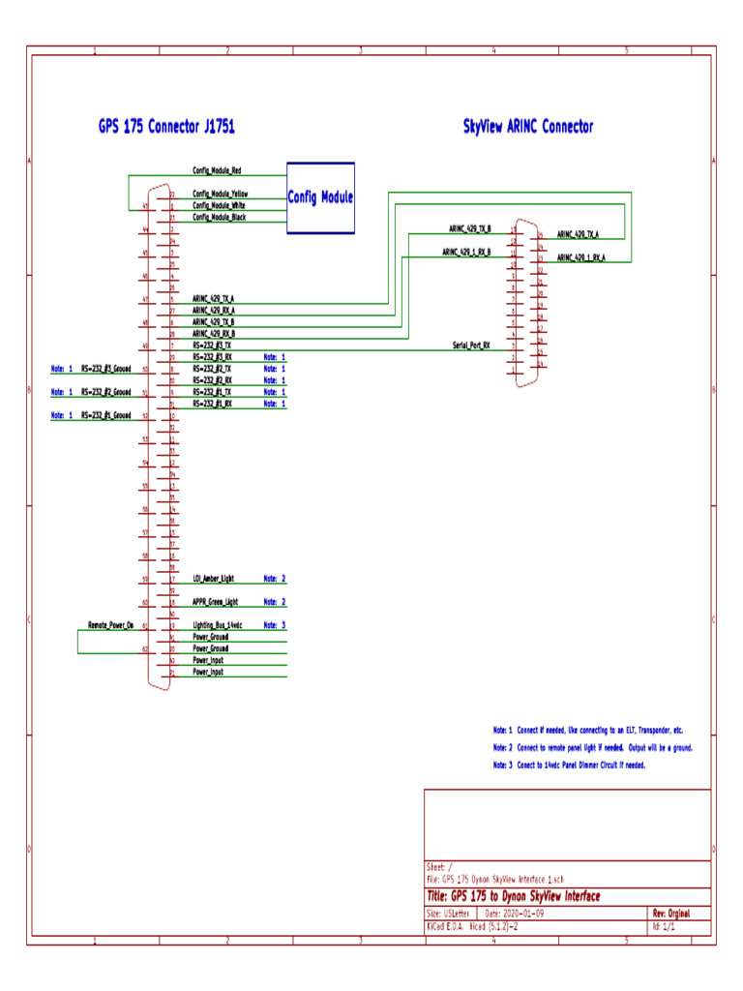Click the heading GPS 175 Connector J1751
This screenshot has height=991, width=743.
166,127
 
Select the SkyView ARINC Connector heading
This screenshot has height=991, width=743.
527,127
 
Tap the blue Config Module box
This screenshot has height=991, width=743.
320,198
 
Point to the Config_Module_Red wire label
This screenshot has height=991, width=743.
217,170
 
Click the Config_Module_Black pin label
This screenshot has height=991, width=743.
219,218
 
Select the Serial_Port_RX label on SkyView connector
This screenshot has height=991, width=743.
471,345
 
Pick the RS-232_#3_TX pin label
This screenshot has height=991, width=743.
212,345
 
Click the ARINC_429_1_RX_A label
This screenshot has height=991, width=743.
580,257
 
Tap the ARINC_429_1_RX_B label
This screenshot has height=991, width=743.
466,252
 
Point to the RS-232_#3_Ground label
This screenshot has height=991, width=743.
105,369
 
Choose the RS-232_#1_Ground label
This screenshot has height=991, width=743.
105,415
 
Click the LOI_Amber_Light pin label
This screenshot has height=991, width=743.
213,578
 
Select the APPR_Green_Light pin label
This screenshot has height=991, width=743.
215,602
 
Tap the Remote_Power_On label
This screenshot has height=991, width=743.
110,626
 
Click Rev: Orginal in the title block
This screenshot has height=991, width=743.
671,914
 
